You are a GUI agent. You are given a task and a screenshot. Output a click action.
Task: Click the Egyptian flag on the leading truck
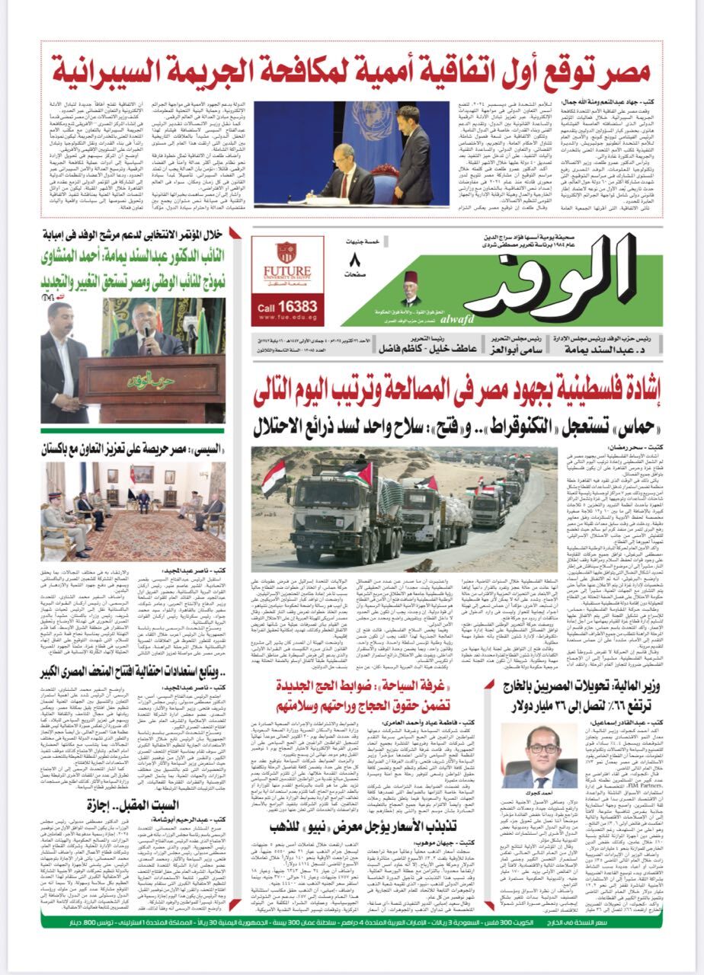pyautogui.click(x=273, y=478)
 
